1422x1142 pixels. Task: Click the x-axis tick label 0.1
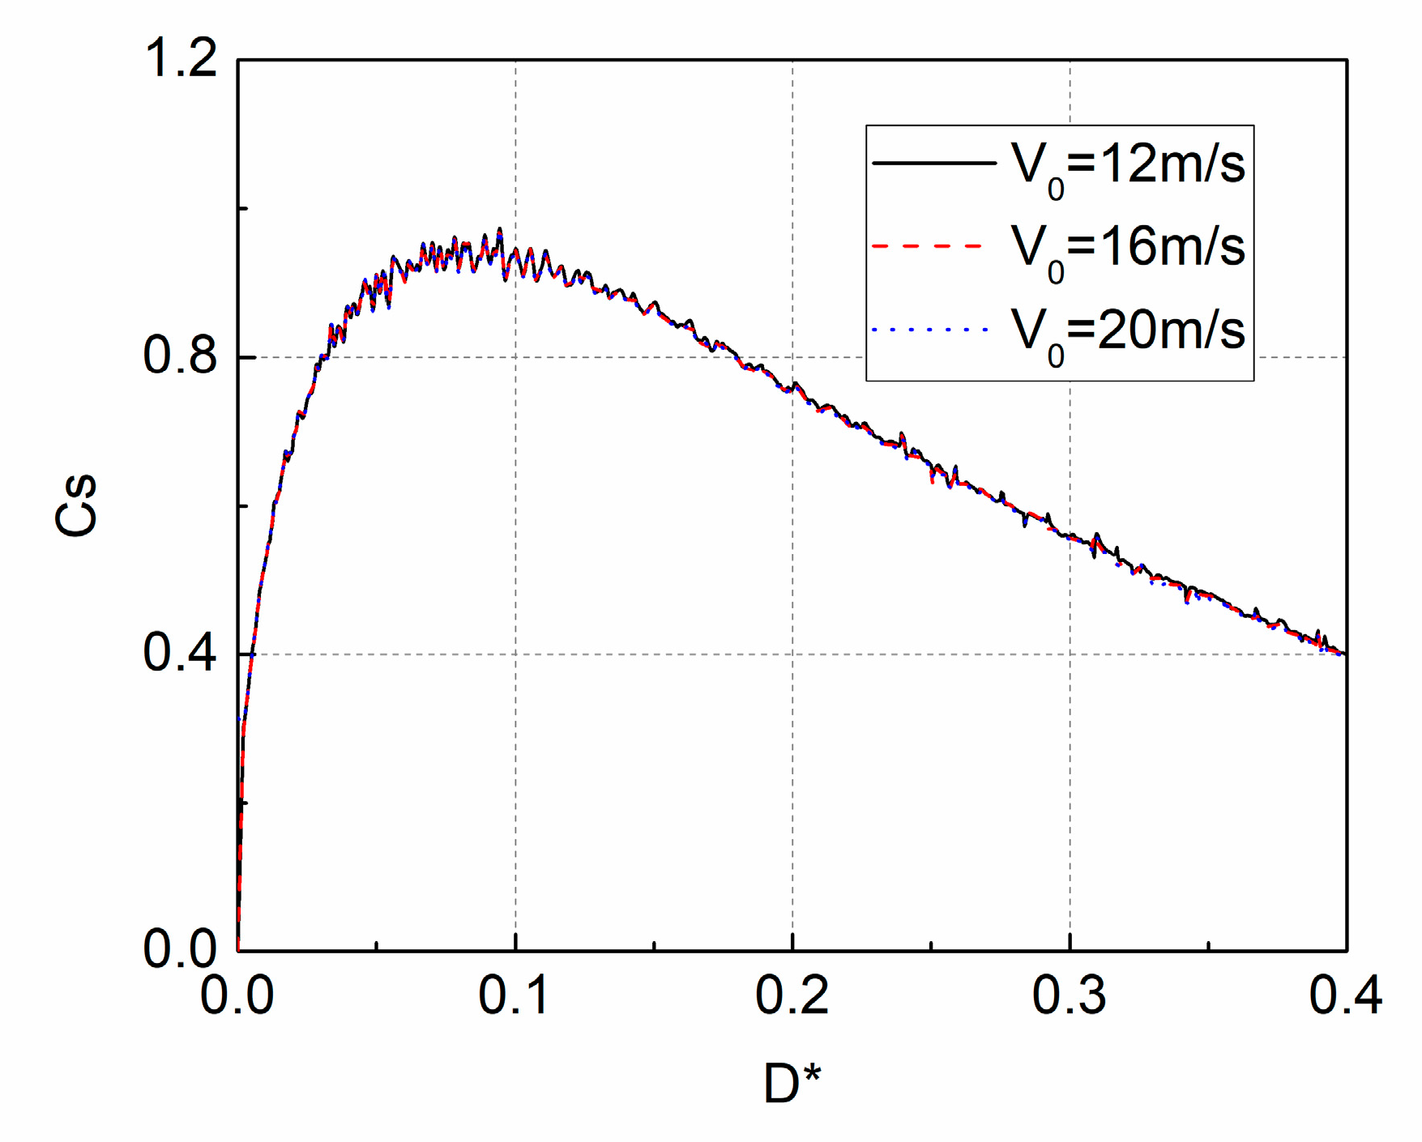click(x=515, y=995)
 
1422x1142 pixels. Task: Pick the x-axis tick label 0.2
click(x=792, y=995)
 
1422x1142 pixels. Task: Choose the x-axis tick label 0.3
click(x=1069, y=995)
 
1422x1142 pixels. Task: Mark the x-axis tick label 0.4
click(x=1345, y=995)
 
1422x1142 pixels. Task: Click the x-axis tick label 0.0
click(x=237, y=995)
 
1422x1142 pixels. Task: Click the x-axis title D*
click(x=792, y=1084)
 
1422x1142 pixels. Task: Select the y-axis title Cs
click(x=76, y=505)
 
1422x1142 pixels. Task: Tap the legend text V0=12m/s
click(x=1127, y=168)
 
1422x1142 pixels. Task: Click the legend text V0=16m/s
click(x=1127, y=250)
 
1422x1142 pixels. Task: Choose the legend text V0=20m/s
click(x=1127, y=334)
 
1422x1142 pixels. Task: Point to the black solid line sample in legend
click(x=933, y=163)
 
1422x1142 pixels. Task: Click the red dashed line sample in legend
click(x=928, y=245)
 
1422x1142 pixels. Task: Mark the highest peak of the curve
click(x=499, y=229)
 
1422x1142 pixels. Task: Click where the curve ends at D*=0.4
click(x=1345, y=654)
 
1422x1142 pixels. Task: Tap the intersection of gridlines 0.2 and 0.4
click(x=792, y=654)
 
